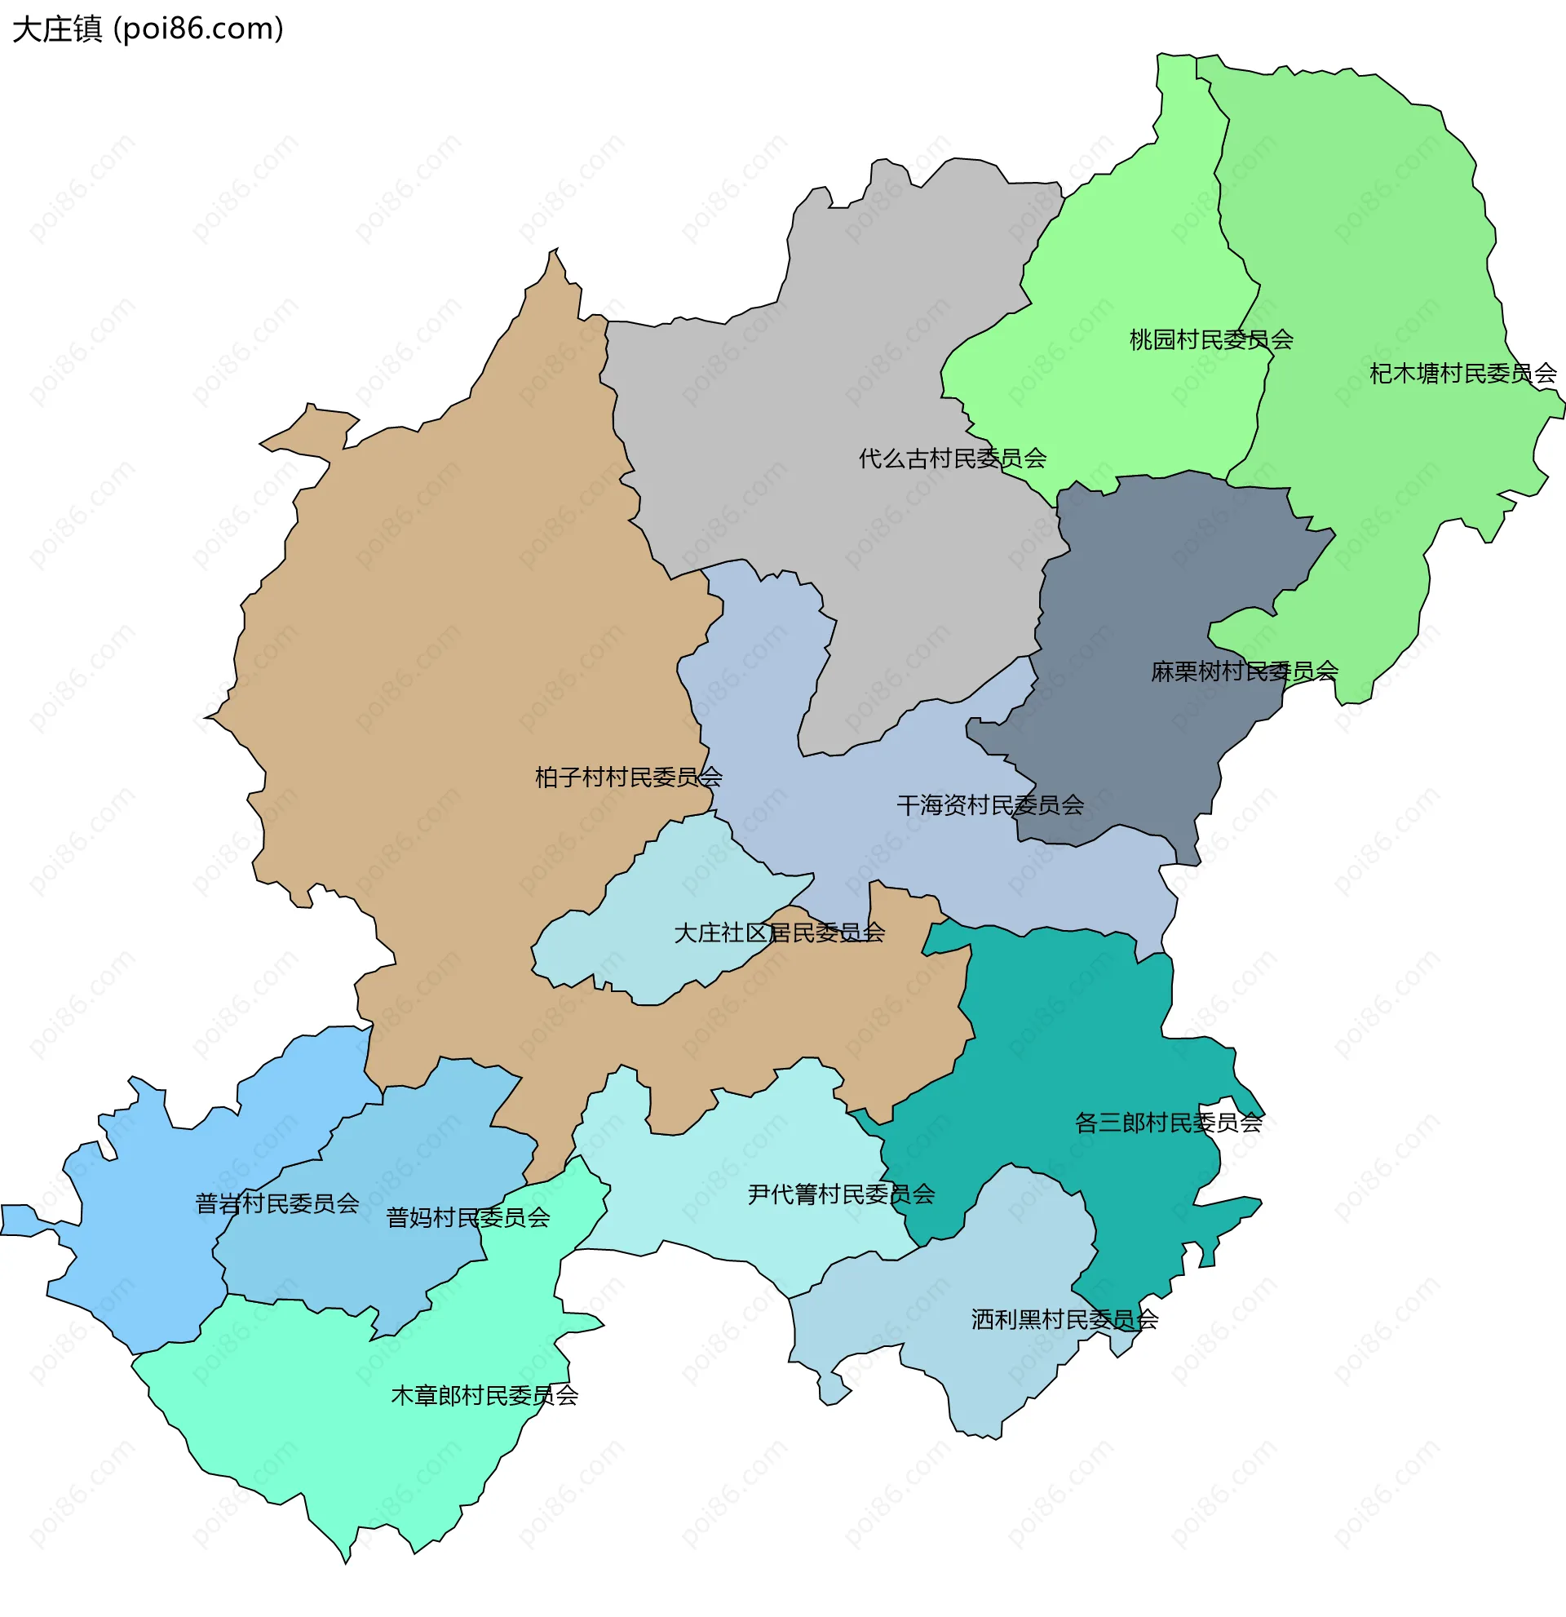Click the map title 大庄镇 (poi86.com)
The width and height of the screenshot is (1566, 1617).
click(x=148, y=29)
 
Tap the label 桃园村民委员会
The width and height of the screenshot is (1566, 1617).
click(x=1210, y=339)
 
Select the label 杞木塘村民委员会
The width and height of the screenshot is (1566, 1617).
click(x=1462, y=374)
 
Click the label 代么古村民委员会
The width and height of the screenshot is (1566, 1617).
click(x=953, y=458)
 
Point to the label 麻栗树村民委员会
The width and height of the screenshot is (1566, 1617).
click(x=1244, y=671)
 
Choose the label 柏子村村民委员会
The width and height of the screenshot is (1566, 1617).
click(x=628, y=777)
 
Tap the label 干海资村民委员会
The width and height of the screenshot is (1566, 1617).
click(x=989, y=804)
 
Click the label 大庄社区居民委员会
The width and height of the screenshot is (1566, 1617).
click(x=779, y=933)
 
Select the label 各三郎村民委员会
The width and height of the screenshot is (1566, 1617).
click(x=1168, y=1122)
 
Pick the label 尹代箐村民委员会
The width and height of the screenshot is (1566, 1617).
click(x=841, y=1194)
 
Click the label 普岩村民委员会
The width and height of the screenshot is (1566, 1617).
click(x=277, y=1203)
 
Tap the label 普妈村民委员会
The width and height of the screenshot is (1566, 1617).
click(x=467, y=1217)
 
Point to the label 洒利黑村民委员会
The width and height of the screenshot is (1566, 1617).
click(x=1064, y=1319)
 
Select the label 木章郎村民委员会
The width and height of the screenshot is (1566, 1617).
click(x=484, y=1395)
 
